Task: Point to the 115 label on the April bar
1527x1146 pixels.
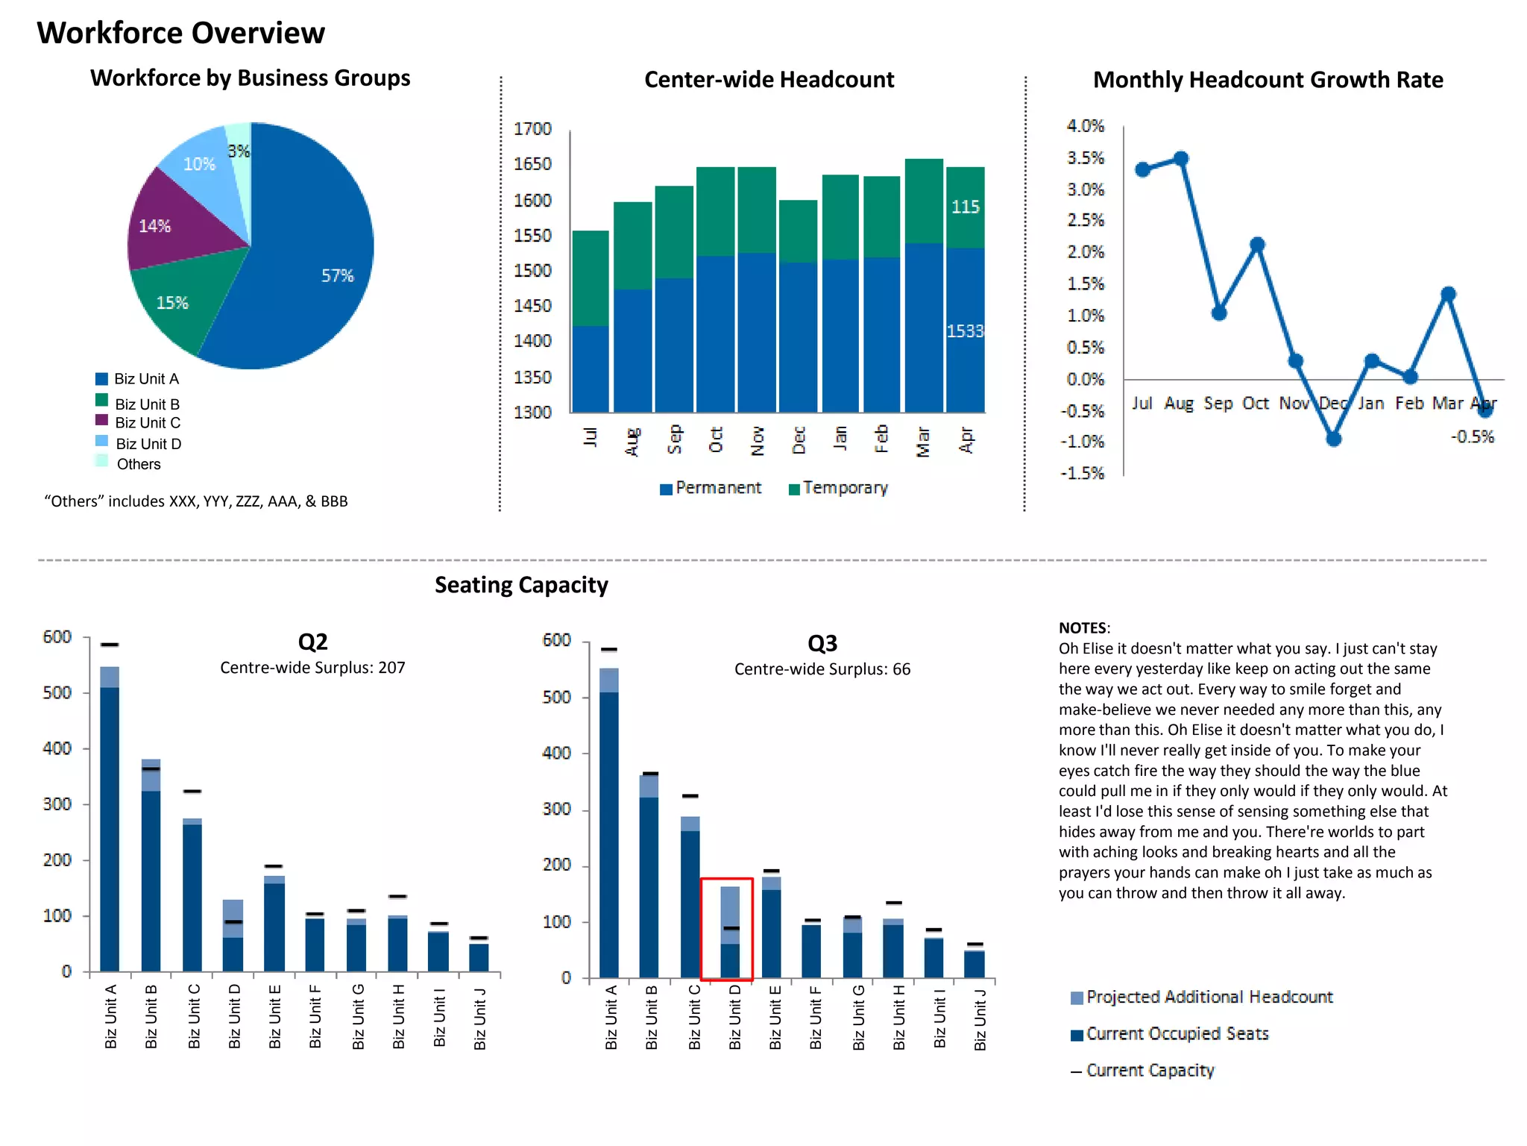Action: [x=965, y=207]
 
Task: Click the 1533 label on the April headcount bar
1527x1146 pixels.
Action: [x=965, y=331]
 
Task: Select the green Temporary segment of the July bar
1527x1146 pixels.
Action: [x=591, y=278]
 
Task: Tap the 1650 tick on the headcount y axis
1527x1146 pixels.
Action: [x=532, y=164]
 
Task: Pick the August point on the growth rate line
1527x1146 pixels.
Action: [x=1181, y=159]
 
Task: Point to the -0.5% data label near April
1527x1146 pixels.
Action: [x=1472, y=437]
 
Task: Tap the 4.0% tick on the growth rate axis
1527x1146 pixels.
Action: [x=1085, y=126]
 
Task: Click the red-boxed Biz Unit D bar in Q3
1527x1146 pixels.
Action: [x=731, y=925]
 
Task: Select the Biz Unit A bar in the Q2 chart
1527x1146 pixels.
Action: [x=110, y=821]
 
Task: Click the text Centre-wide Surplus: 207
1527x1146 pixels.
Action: [x=312, y=668]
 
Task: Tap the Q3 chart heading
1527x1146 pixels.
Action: [x=822, y=643]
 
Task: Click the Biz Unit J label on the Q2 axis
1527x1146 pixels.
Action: [x=480, y=1018]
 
